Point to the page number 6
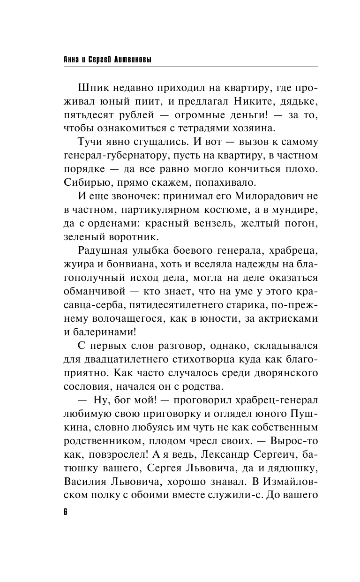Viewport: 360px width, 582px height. (66, 512)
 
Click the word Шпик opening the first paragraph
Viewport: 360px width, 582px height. (94, 89)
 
